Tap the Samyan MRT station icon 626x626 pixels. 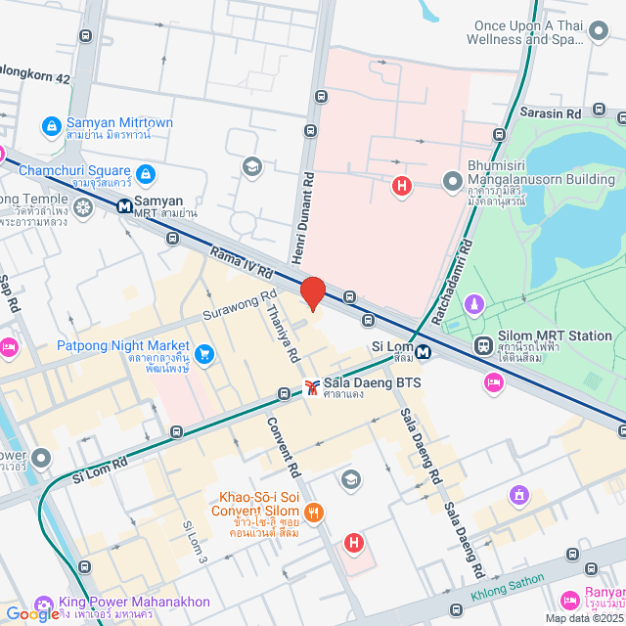[125, 206]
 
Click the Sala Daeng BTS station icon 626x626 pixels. [311, 387]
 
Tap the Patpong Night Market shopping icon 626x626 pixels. [204, 353]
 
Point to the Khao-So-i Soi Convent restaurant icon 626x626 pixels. [313, 512]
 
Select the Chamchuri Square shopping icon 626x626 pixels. [145, 174]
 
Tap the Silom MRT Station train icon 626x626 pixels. [483, 346]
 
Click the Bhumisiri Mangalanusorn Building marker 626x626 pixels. [452, 182]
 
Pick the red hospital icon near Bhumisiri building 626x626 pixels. [400, 185]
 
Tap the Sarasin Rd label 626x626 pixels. [553, 112]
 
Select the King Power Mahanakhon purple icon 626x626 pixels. [43, 604]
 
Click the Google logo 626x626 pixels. [31, 613]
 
